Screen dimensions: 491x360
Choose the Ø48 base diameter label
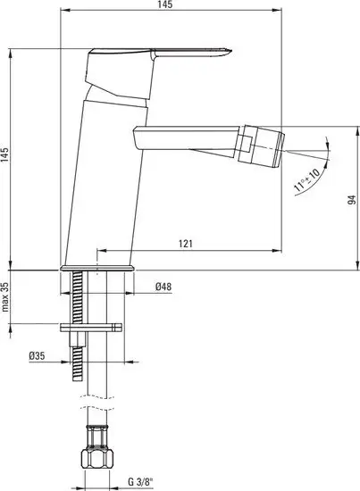click(163, 287)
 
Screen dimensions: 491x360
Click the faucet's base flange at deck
click(97, 266)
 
